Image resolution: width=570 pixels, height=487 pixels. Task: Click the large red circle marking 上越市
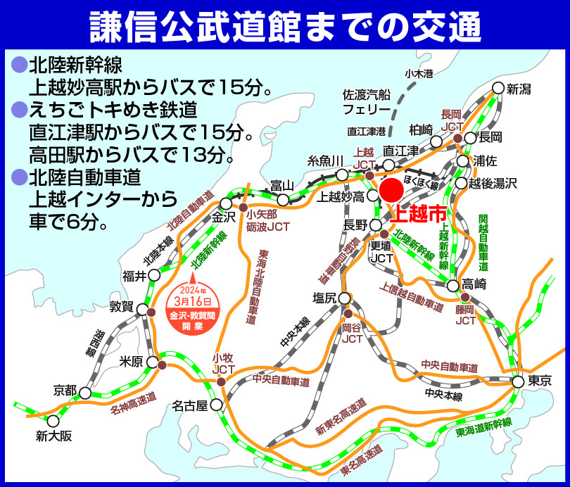click(x=391, y=190)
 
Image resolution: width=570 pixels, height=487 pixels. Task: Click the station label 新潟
click(x=521, y=89)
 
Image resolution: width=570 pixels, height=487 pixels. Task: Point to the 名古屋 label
click(x=191, y=406)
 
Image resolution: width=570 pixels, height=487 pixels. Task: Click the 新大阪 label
click(x=53, y=436)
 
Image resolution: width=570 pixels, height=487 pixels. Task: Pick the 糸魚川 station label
click(x=325, y=160)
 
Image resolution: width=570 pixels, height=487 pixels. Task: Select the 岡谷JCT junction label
click(x=351, y=333)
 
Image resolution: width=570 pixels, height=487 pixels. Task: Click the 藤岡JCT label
click(x=465, y=315)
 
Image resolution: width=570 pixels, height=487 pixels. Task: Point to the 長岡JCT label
click(x=450, y=120)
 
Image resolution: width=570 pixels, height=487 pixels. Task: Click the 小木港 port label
click(x=418, y=73)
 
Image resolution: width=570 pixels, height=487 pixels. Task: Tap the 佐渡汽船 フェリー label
click(x=366, y=102)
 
